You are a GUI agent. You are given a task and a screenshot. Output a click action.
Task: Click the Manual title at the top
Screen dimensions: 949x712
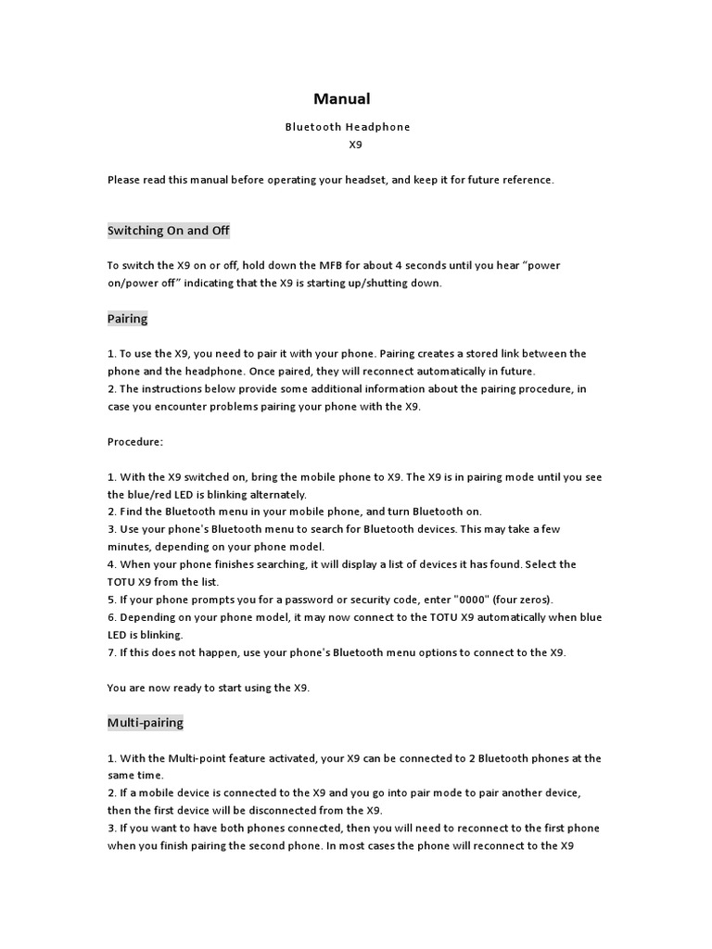click(x=341, y=98)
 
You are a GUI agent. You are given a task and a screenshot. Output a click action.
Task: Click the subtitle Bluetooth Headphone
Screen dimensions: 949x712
click(x=347, y=126)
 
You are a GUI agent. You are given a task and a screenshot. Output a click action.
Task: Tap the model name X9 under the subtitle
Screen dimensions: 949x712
click(x=355, y=145)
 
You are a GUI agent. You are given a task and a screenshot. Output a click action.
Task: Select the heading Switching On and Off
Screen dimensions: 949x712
click(x=168, y=230)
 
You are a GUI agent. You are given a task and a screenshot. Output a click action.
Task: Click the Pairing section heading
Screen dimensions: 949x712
click(x=127, y=319)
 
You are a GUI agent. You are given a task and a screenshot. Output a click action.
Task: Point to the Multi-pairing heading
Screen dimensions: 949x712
click(x=146, y=722)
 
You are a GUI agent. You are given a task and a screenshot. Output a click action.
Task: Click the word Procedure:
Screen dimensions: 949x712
click(x=135, y=442)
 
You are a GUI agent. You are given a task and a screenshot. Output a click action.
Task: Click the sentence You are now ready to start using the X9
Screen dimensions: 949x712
click(x=209, y=688)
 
